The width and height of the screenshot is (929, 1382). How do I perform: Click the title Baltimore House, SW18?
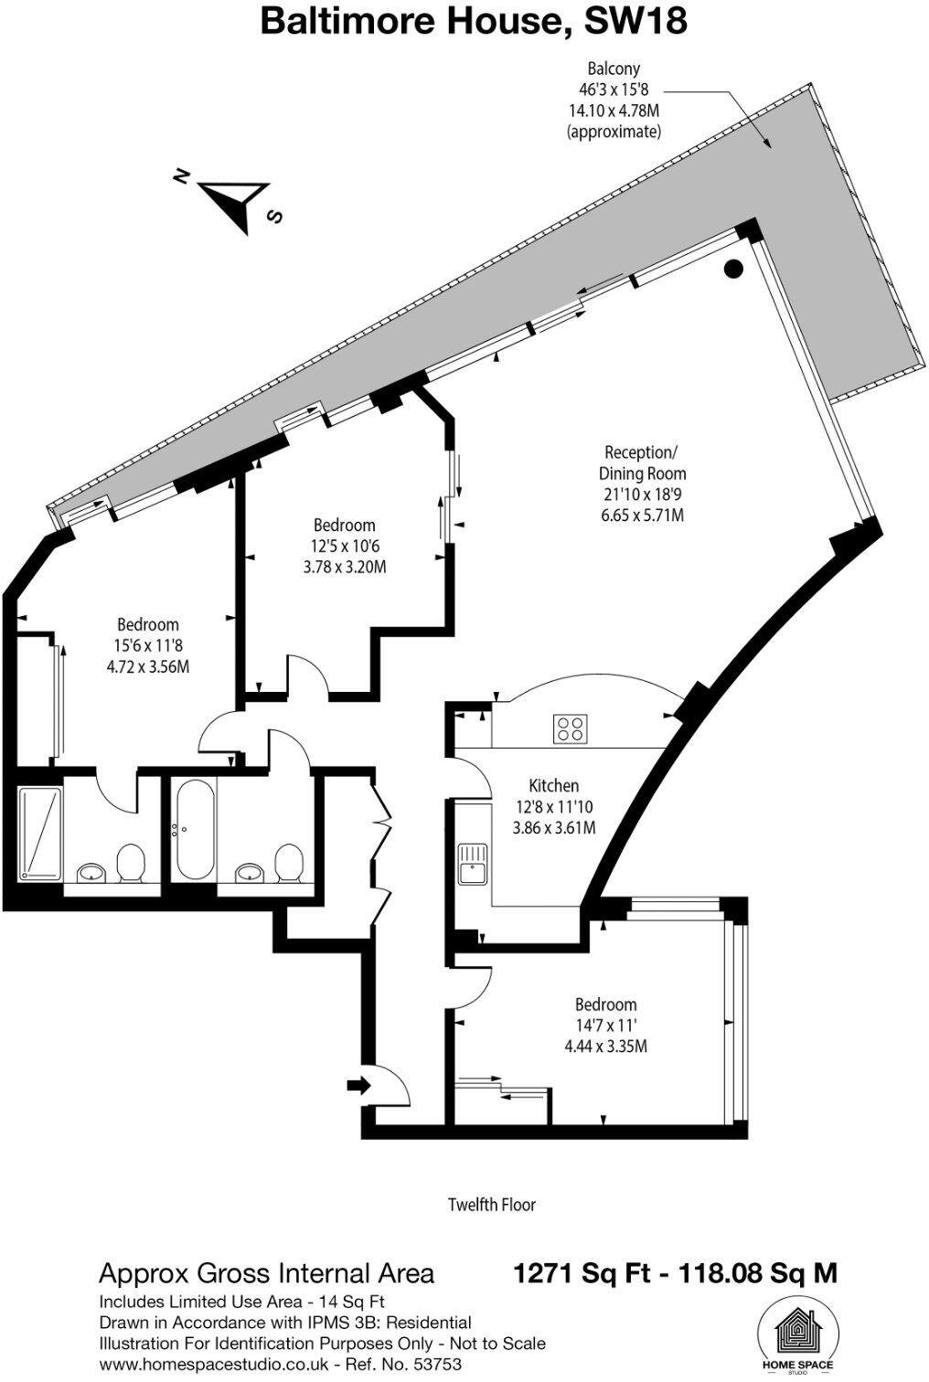coord(473,21)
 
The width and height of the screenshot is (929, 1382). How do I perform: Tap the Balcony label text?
coord(613,69)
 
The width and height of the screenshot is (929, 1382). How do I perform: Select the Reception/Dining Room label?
coord(641,462)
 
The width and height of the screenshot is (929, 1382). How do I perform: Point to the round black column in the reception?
coord(732,269)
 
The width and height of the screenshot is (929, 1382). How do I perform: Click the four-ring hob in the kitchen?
coord(571,728)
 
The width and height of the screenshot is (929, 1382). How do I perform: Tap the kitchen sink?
coord(473,864)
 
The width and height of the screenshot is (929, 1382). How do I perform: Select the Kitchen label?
coord(553,785)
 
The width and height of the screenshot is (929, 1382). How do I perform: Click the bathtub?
coord(195,828)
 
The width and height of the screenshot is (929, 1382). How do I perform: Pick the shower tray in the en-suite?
coord(39,833)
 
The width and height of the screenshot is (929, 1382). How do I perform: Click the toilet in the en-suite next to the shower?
coord(132,862)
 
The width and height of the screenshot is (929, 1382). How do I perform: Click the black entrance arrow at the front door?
coord(358,1085)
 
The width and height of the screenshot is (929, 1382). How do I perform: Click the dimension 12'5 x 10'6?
coord(344,546)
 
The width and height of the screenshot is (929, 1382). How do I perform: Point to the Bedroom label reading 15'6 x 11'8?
coord(147,624)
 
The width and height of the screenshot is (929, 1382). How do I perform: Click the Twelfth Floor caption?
coord(491,1204)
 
